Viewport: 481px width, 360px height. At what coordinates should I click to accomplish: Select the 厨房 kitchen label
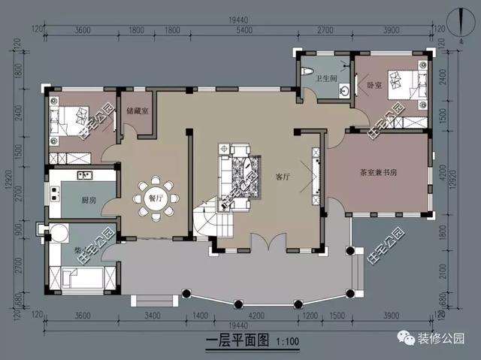pyautogui.click(x=89, y=199)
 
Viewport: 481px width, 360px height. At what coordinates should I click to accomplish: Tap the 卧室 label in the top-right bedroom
pyautogui.click(x=374, y=86)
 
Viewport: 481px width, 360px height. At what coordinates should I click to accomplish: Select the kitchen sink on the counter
pyautogui.click(x=84, y=176)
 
